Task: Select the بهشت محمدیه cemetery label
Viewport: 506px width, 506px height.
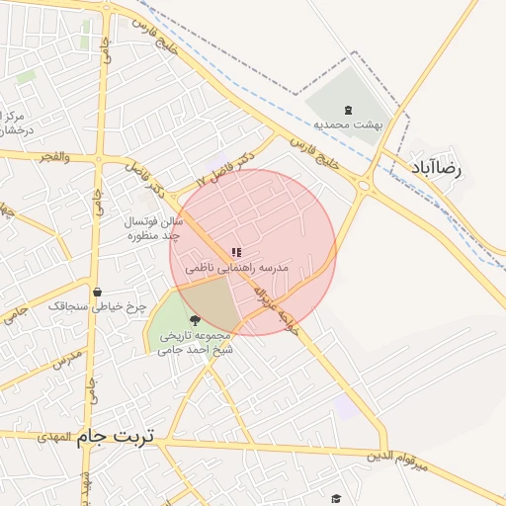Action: pos(348,125)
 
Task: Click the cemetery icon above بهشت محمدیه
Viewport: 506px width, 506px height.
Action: pos(347,110)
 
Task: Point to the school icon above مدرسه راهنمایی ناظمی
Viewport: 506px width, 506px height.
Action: pos(235,253)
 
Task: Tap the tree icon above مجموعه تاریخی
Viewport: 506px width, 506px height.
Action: pos(194,320)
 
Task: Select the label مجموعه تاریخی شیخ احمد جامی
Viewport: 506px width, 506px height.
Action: pos(196,342)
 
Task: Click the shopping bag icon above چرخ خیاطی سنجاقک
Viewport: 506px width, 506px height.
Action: pos(97,292)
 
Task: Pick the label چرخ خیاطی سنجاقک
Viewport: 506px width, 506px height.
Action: pos(97,306)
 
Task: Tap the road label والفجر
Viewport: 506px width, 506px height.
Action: pos(54,157)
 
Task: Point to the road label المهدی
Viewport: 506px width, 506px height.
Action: pos(55,436)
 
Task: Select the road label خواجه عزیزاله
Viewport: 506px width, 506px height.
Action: pos(274,306)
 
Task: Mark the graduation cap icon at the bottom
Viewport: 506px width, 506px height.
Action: pos(336,499)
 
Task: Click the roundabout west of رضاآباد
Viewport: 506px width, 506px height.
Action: pos(365,184)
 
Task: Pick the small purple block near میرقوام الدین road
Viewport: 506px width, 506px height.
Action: pos(345,406)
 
